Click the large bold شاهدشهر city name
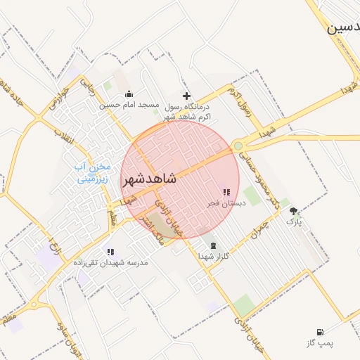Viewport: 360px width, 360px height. coord(150,180)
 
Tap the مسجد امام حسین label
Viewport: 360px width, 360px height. coord(129,105)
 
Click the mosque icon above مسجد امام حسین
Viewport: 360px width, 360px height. coord(129,94)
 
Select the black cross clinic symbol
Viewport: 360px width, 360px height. coord(186,96)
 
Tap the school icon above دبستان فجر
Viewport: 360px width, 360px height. coord(226,192)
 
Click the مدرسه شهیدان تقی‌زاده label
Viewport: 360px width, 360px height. coord(112,262)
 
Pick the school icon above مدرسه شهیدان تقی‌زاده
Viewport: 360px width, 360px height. coord(110,252)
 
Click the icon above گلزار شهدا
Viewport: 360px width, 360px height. coord(212,245)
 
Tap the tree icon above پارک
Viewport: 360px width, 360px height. coord(293,210)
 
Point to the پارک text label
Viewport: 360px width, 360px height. coord(293,221)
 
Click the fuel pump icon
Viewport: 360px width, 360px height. coord(321,332)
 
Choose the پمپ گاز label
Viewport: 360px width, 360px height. coord(319,342)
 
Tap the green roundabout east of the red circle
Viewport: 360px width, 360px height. coord(238,146)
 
